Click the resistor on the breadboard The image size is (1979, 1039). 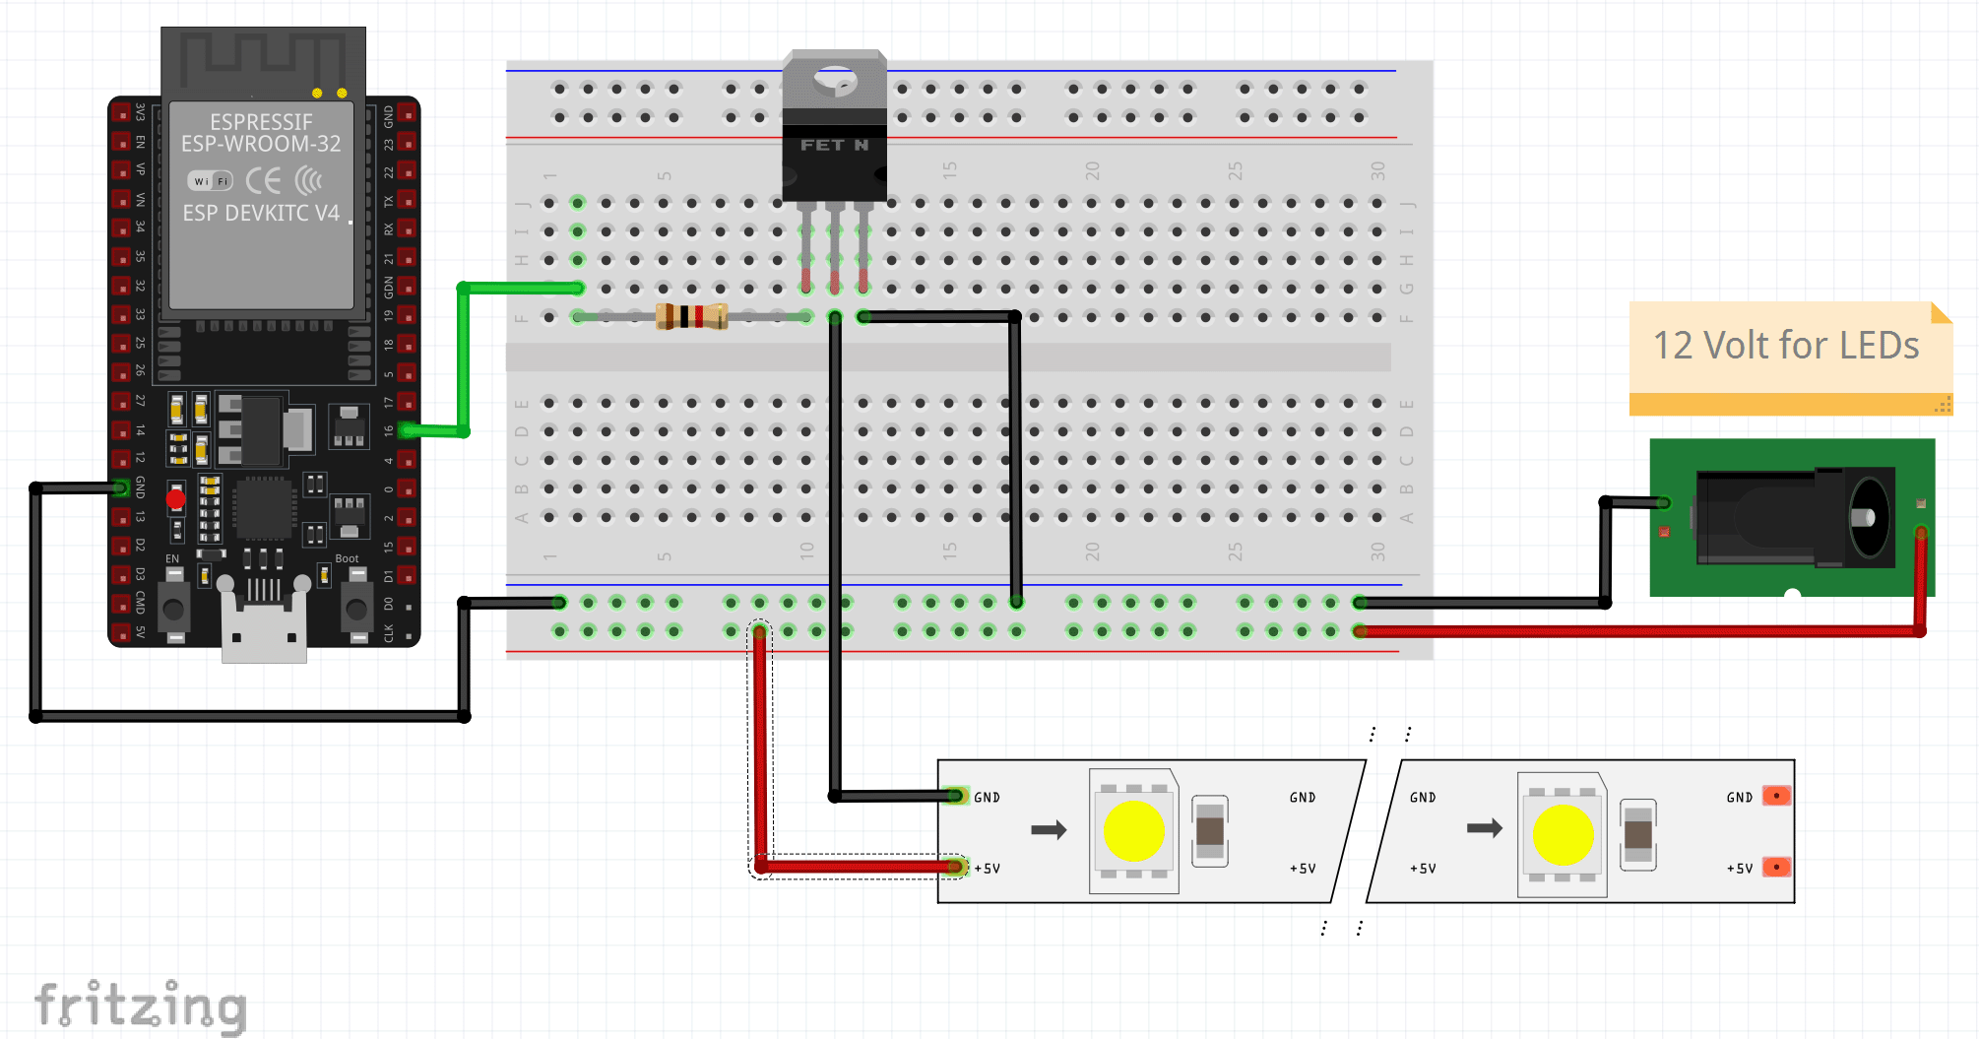tap(691, 316)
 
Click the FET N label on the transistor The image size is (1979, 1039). tap(834, 145)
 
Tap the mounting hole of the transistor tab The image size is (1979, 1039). tap(835, 80)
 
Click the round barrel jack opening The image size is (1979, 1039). tap(1867, 517)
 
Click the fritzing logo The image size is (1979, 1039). tap(141, 1006)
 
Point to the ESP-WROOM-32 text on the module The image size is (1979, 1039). tap(261, 144)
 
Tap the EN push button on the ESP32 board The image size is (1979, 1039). tap(174, 609)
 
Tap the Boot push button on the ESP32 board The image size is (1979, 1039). tap(354, 609)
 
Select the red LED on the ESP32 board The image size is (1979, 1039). tap(176, 499)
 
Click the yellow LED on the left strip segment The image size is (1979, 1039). tap(1134, 831)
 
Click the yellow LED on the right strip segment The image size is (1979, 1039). tap(1563, 834)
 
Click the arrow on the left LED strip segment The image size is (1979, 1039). tap(1049, 830)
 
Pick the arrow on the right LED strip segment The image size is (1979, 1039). tap(1484, 828)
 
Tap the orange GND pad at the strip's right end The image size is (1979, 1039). tap(1776, 796)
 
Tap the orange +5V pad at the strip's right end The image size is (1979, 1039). tap(1776, 868)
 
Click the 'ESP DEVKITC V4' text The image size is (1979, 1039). tap(261, 213)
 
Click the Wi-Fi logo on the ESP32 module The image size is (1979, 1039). tap(210, 181)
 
